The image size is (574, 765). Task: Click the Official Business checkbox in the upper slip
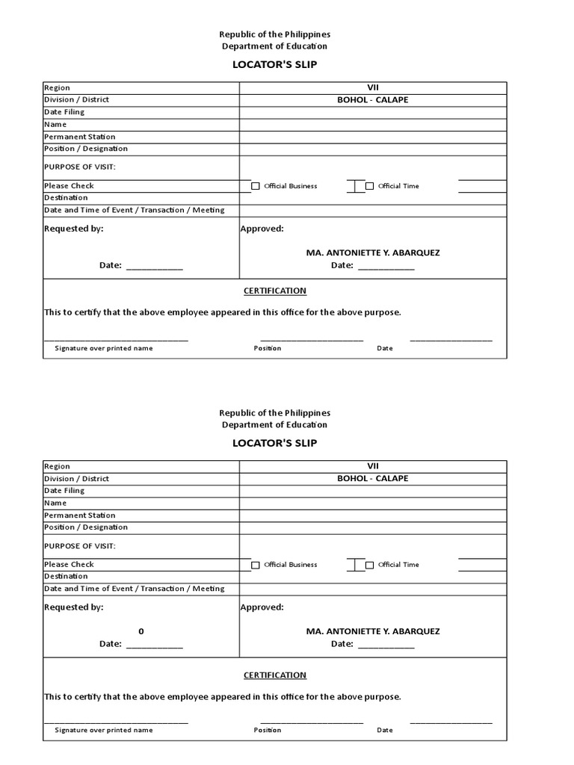[x=256, y=186]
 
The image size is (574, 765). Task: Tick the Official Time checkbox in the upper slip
[x=369, y=186]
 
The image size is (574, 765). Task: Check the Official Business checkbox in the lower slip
[x=256, y=565]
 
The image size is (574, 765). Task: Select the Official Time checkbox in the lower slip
[x=369, y=565]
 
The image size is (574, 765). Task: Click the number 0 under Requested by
[x=141, y=631]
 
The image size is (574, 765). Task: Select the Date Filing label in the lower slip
[x=64, y=491]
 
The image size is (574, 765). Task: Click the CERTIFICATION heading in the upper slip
[x=275, y=291]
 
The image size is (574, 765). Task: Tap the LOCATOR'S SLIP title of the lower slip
[x=274, y=443]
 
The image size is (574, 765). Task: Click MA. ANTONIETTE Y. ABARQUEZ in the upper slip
[x=373, y=253]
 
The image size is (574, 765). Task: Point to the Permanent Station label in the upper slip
[x=80, y=137]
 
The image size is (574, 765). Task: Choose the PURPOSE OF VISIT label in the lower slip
[x=80, y=546]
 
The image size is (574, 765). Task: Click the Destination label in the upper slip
[x=66, y=198]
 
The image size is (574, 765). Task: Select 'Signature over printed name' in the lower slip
[x=103, y=730]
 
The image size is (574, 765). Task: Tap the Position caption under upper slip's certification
[x=268, y=348]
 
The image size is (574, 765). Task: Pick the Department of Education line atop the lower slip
[x=274, y=424]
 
